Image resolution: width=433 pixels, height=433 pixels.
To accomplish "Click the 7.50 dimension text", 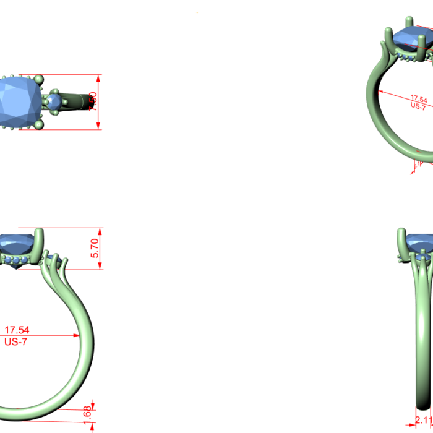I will pyautogui.click(x=93, y=102).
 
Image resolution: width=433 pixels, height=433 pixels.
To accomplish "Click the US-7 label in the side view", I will pyautogui.click(x=16, y=341).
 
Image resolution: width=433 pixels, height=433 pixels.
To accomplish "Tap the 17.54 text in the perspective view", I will pyautogui.click(x=419, y=99).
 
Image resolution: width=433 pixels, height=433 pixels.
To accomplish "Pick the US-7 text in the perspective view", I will pyautogui.click(x=418, y=106).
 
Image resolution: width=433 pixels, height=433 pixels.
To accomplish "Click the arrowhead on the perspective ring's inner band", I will pyautogui.click(x=380, y=92).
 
